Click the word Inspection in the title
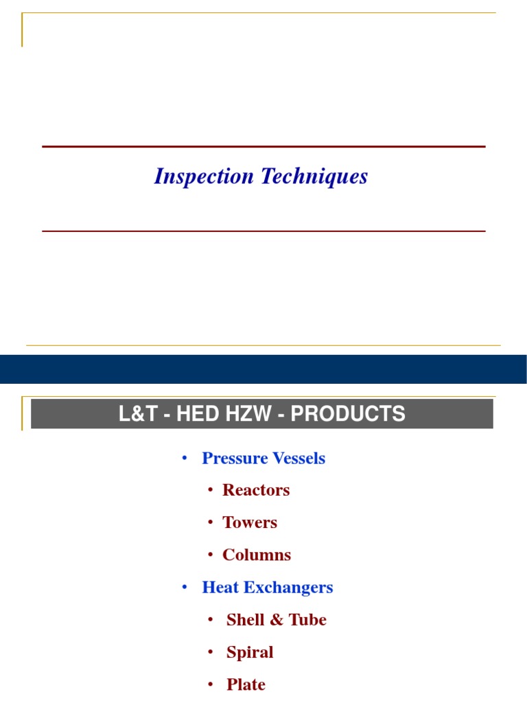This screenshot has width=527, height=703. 204,177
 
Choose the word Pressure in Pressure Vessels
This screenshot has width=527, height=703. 230,458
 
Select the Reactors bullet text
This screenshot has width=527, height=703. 256,490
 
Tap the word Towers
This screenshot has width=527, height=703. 250,522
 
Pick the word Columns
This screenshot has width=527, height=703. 257,555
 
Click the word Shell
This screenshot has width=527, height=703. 246,619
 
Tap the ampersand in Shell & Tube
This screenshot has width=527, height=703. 277,619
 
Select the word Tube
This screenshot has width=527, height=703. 307,619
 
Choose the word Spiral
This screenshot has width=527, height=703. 250,652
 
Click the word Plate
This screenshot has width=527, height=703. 246,684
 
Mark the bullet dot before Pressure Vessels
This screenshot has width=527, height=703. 185,458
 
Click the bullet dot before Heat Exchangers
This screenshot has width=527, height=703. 185,587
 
